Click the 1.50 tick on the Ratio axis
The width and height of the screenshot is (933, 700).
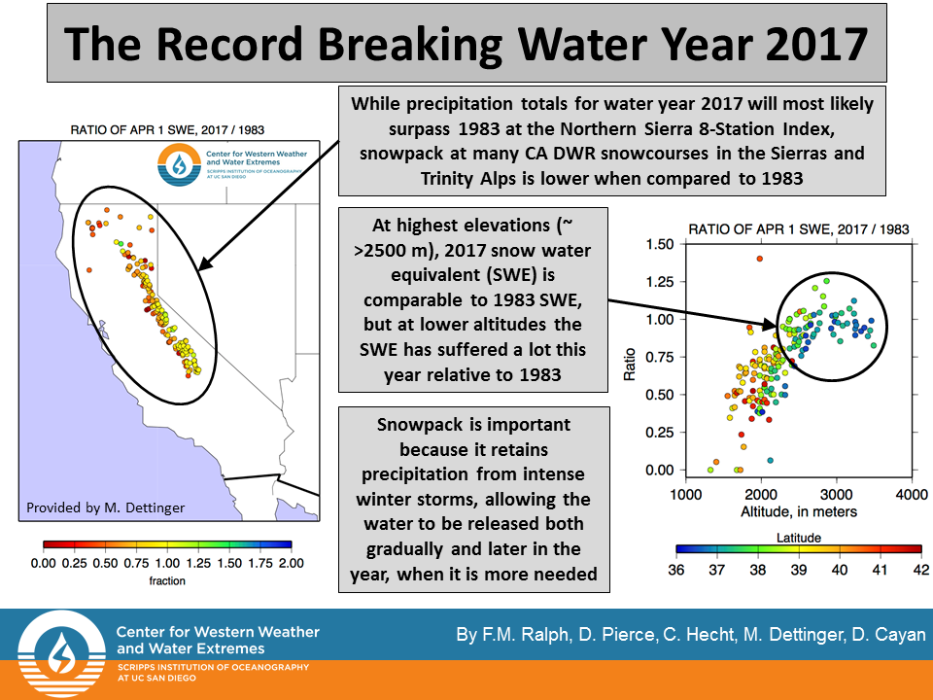(660, 244)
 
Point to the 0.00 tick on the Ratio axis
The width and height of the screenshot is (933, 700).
(660, 470)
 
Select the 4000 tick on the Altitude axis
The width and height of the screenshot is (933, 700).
(910, 494)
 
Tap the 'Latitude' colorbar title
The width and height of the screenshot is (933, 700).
(800, 537)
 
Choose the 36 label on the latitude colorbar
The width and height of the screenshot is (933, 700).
(676, 570)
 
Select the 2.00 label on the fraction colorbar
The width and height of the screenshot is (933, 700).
(292, 563)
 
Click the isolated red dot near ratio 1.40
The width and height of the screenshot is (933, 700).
(760, 259)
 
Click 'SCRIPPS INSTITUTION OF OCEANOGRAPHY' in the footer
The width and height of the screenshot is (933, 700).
(212, 667)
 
